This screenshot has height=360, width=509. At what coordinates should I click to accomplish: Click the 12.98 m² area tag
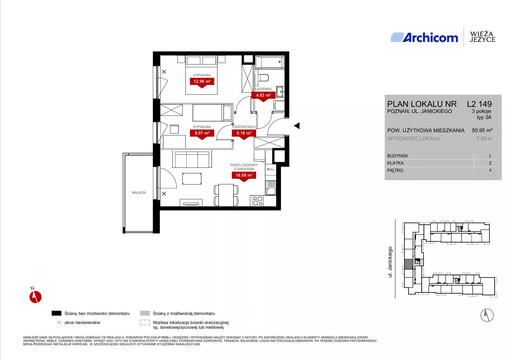click(x=202, y=82)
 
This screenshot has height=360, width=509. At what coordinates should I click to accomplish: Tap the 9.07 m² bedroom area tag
click(x=202, y=133)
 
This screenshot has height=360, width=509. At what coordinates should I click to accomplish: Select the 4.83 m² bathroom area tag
click(x=264, y=95)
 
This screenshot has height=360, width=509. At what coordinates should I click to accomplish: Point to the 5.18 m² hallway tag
click(x=244, y=133)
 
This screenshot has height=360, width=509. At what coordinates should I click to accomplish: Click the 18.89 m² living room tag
click(x=244, y=175)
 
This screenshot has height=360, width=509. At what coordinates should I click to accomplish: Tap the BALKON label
click(x=139, y=193)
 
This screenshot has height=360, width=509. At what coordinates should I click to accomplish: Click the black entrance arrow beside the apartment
click(x=297, y=126)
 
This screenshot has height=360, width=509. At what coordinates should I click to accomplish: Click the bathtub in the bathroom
click(x=270, y=62)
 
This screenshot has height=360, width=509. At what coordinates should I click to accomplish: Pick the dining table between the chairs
click(x=226, y=195)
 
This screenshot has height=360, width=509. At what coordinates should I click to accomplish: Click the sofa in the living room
click(x=192, y=159)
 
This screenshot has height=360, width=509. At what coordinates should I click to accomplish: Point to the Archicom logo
click(x=424, y=38)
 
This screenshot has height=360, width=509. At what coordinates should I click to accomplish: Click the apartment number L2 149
click(x=479, y=104)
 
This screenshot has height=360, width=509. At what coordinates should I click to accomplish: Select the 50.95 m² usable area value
click(x=482, y=130)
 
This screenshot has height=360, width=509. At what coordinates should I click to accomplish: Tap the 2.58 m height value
click(x=484, y=138)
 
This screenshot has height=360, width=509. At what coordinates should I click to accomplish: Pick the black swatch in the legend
click(x=56, y=313)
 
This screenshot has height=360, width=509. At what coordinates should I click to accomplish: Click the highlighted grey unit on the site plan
click(x=409, y=264)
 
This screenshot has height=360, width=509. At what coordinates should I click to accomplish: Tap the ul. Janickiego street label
click(x=390, y=262)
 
